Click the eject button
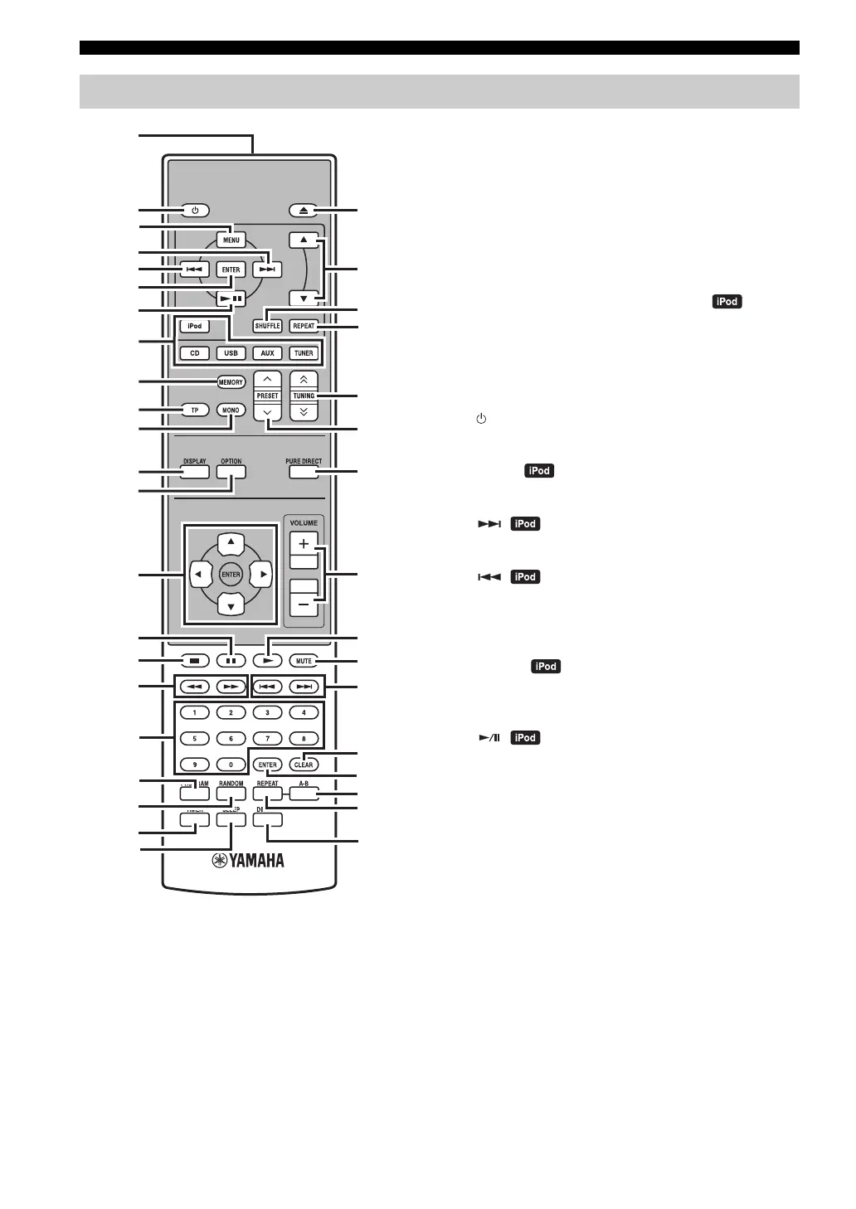point(304,211)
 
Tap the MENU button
point(231,240)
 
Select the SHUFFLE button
point(267,326)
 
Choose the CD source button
point(195,353)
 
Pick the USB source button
point(231,353)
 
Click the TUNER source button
point(304,353)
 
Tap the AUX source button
point(267,353)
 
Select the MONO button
point(231,410)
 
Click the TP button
point(195,410)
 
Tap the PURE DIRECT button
point(304,471)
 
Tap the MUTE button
point(304,661)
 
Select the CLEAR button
point(304,765)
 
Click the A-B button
point(304,794)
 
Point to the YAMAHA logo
point(248,860)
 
